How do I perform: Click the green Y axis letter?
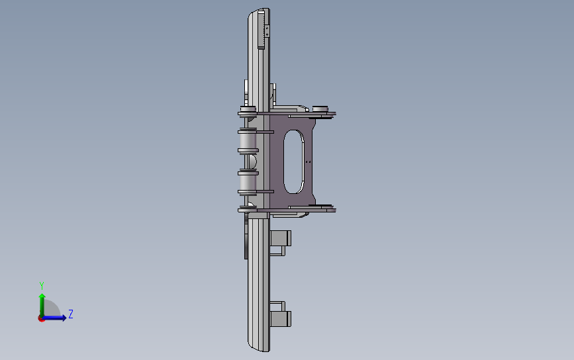[42, 285]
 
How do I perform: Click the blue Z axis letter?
[71, 314]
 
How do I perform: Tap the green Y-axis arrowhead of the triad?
[42, 296]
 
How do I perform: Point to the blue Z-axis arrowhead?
[64, 318]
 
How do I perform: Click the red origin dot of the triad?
[41, 319]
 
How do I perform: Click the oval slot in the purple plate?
[293, 161]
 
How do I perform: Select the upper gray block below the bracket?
[281, 238]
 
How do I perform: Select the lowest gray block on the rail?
[281, 319]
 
